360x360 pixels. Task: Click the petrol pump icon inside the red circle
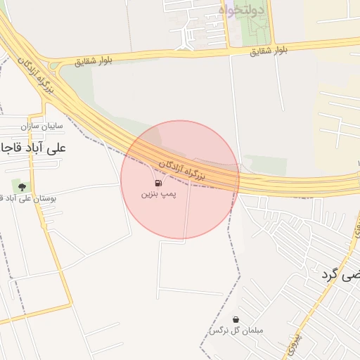point(157,183)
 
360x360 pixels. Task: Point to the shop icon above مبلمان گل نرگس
point(235,319)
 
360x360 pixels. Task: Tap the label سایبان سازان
point(42,127)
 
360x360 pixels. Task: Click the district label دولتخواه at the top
point(241,11)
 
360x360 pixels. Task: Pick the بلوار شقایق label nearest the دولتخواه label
point(270,50)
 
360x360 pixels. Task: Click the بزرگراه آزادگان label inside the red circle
point(181,169)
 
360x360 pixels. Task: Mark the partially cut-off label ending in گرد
point(336,275)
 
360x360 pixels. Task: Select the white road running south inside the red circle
point(186,211)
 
